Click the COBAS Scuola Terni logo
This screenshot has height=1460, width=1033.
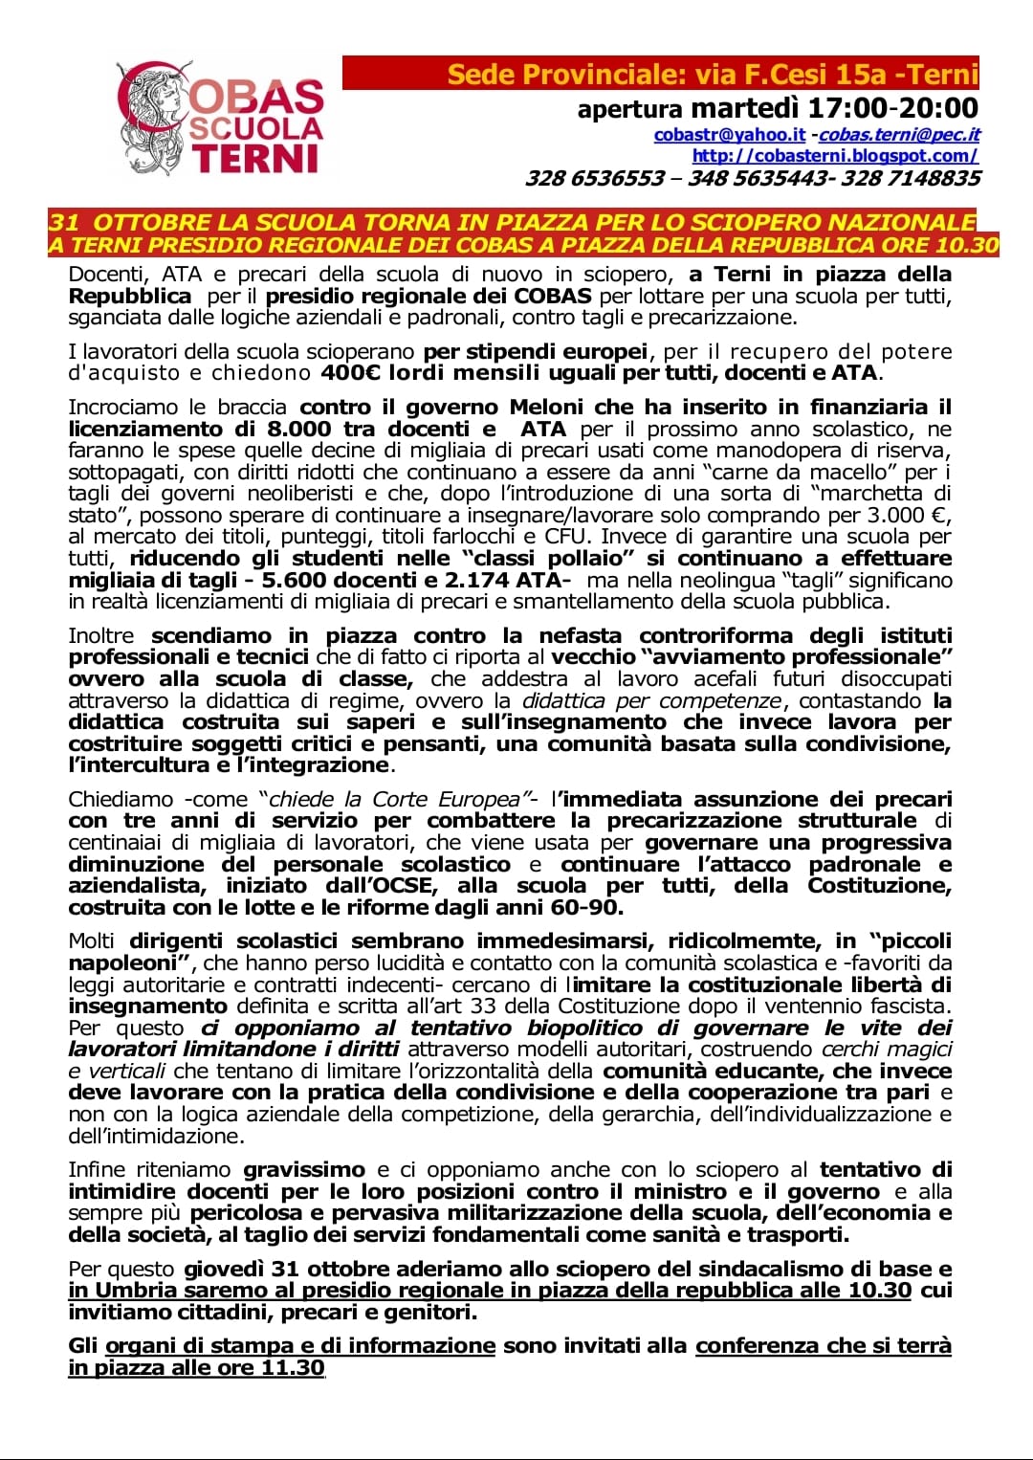222,118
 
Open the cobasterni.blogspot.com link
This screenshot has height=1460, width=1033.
835,155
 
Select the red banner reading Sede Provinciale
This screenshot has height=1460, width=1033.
660,74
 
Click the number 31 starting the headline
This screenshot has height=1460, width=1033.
64,222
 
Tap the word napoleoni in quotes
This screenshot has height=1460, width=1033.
124,963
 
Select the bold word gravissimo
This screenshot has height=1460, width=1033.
304,1169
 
